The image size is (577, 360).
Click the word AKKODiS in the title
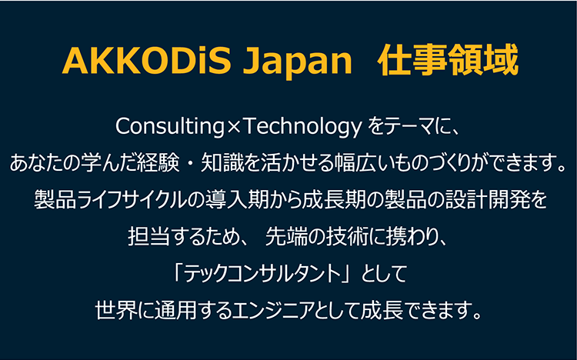coord(146,60)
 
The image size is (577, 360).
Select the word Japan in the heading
coord(297,62)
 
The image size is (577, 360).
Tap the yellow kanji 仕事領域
coord(448,60)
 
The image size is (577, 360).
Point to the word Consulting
coord(170,127)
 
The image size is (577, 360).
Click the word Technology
coord(302,127)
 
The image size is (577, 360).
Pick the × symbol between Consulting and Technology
coord(233,128)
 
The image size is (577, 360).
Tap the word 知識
coord(222,163)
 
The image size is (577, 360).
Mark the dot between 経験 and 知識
coord(190,163)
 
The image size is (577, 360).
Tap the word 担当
coord(149,237)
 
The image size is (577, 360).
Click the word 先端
coord(286,237)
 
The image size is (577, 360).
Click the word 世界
coord(117,310)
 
